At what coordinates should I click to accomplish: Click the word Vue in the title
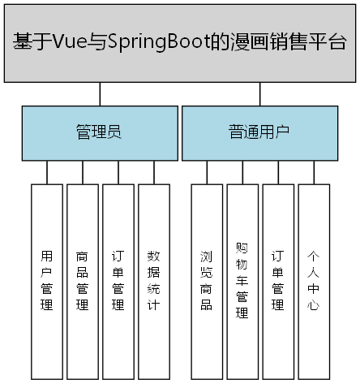tap(66, 42)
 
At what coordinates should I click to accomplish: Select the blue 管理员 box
tap(100, 132)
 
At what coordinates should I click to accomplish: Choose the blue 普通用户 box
tap(259, 132)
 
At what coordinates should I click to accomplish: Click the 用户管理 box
tap(47, 281)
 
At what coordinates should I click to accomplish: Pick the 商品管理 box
tap(83, 281)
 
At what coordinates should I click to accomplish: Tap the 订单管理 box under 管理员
tap(118, 281)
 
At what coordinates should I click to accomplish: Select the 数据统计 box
tap(154, 281)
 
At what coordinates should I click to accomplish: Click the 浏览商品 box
tap(207, 281)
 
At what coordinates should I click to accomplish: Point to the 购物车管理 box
tap(242, 281)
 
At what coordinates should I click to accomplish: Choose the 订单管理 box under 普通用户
tap(278, 281)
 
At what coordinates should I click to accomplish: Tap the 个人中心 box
tap(314, 281)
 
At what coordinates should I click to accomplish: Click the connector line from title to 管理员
tap(100, 94)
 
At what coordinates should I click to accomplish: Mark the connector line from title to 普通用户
tap(259, 94)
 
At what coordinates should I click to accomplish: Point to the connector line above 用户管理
tap(47, 172)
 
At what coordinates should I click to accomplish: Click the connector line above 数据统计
tap(154, 172)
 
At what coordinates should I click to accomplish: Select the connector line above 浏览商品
tap(207, 172)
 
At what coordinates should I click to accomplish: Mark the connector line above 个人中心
tap(314, 172)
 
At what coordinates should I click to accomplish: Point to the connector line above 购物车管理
tap(242, 172)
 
